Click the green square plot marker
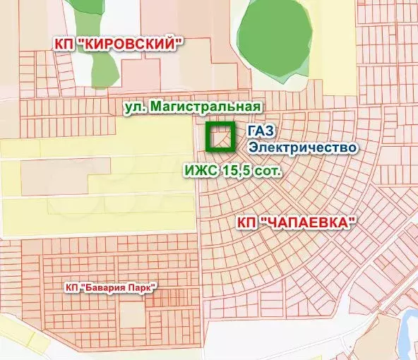point(220,137)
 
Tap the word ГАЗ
point(261,132)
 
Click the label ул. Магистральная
point(192,106)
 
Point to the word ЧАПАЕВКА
point(307,222)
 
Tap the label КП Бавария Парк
point(109,287)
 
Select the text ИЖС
point(201,171)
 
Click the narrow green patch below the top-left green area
point(102,67)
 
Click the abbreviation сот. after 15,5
point(269,171)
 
